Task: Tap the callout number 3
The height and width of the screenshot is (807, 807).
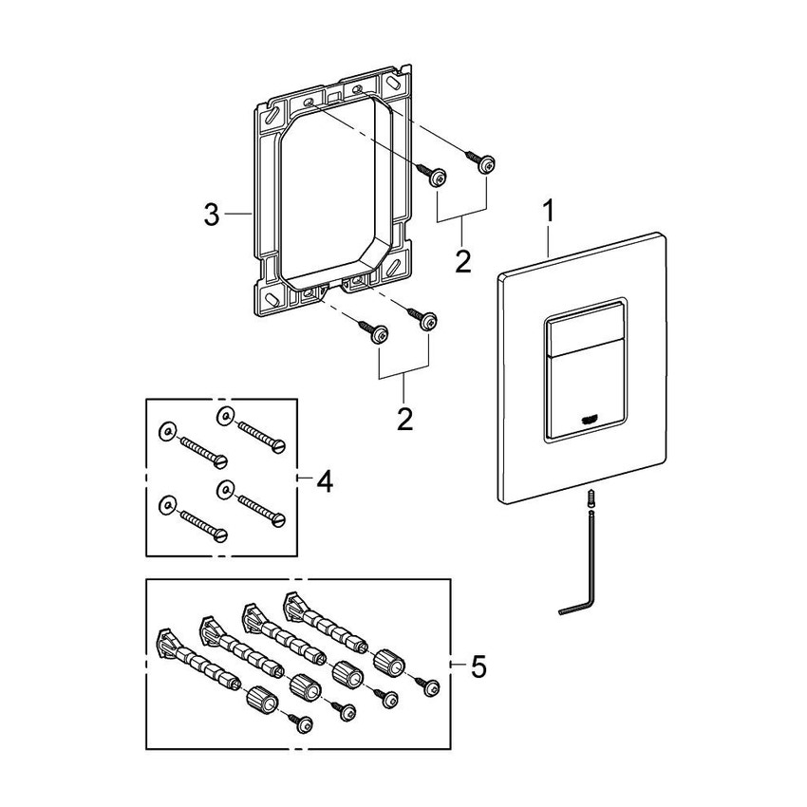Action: [212, 216]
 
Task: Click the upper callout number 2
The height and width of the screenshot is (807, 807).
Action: [462, 260]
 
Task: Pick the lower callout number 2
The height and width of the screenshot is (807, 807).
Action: [405, 419]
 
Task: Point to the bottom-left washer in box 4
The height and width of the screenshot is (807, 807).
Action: [166, 503]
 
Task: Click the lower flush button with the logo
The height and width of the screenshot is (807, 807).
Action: [581, 391]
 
